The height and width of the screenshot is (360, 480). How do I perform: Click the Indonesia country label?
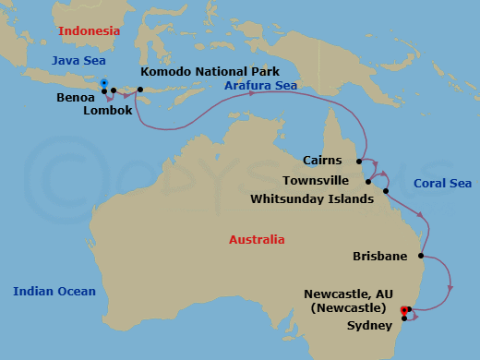[90, 31]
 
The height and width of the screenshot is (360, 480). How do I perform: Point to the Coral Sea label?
[442, 183]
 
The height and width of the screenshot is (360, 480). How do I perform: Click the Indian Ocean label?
[54, 292]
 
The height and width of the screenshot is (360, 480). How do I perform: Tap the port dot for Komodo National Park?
[140, 90]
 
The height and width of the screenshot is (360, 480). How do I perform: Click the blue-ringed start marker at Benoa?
[104, 84]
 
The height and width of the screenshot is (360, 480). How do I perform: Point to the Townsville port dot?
[368, 182]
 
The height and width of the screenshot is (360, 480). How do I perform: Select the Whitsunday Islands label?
[312, 198]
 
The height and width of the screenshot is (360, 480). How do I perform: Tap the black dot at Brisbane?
[421, 256]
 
